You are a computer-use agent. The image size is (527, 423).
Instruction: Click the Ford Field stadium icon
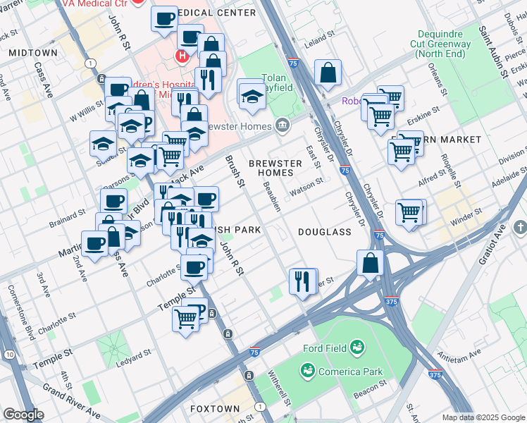[x=358, y=346]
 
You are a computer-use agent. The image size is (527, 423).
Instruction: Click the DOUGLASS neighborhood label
[x=324, y=231]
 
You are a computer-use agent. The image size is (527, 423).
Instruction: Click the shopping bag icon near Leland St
[x=328, y=73]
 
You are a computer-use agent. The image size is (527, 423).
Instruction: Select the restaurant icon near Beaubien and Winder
[x=303, y=281]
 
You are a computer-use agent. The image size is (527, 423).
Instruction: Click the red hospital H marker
[x=182, y=55]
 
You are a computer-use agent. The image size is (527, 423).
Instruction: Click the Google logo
[x=23, y=415]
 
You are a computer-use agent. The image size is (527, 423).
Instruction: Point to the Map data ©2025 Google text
[x=483, y=417]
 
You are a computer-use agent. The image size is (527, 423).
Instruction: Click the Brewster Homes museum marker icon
[x=283, y=125]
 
